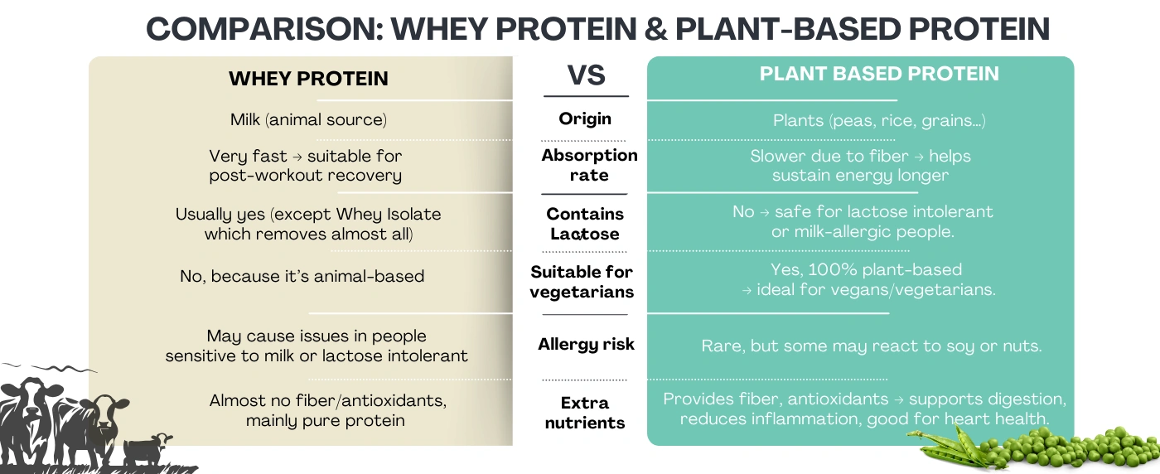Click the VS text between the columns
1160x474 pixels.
click(x=587, y=75)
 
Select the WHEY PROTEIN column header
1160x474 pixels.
click(x=308, y=79)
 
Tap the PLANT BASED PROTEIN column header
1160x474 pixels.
click(x=879, y=74)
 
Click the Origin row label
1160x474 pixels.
click(x=585, y=118)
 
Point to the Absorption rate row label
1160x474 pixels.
click(x=589, y=165)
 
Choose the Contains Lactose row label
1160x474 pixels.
click(x=585, y=224)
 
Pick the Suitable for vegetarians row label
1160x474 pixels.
click(x=582, y=282)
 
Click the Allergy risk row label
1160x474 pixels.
click(x=587, y=344)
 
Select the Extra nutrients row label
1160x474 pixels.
click(x=585, y=413)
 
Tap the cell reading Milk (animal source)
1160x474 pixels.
click(x=308, y=119)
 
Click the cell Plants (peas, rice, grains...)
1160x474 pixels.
click(x=879, y=121)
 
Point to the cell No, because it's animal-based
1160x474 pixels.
click(x=302, y=276)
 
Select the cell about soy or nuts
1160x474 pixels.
click(x=872, y=346)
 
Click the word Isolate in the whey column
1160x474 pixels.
click(x=414, y=214)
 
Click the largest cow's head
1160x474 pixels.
click(x=32, y=398)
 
